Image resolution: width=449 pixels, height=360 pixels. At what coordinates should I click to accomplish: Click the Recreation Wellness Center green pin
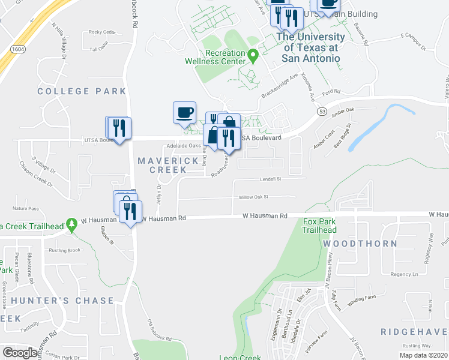click(253, 57)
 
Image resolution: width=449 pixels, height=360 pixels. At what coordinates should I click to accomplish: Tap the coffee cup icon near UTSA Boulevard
click(184, 112)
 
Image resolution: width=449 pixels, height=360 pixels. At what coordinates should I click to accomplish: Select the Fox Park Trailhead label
click(319, 226)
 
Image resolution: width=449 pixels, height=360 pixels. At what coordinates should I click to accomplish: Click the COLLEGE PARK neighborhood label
click(82, 91)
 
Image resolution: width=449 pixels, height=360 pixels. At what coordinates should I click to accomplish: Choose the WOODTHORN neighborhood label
click(360, 244)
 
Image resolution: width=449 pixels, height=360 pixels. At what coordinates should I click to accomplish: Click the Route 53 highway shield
click(322, 112)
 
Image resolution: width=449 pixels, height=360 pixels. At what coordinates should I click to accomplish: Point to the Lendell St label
click(270, 179)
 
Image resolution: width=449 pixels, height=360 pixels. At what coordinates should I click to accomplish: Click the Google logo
click(20, 353)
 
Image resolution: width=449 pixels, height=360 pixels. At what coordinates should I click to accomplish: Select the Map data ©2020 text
click(423, 355)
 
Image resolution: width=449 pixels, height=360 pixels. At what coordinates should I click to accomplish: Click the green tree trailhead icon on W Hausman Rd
click(71, 224)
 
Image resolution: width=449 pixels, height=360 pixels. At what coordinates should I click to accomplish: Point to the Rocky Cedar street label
click(101, 32)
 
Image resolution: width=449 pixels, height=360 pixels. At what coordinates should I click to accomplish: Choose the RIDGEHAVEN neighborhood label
click(414, 332)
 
